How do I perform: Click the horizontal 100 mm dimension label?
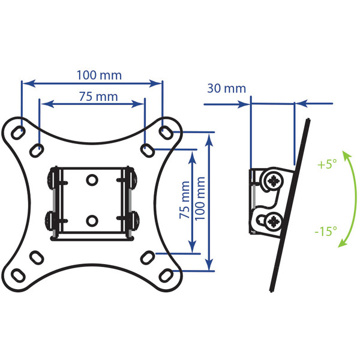point(99,75)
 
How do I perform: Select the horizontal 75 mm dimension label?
point(98,97)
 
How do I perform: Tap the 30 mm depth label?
point(226,88)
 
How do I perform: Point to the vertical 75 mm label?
point(185,200)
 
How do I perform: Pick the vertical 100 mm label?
point(200,199)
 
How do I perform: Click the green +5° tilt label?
point(327,164)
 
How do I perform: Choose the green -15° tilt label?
point(326,231)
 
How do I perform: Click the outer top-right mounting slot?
point(166,132)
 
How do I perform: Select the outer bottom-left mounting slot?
point(19,275)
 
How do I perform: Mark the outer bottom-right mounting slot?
point(166,275)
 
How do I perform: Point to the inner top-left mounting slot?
point(37,151)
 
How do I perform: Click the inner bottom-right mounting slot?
point(147,257)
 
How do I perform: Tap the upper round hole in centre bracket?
point(92,180)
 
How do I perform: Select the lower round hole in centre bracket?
point(92,221)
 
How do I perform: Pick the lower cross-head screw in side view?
point(273,221)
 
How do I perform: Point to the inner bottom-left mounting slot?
point(37,257)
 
